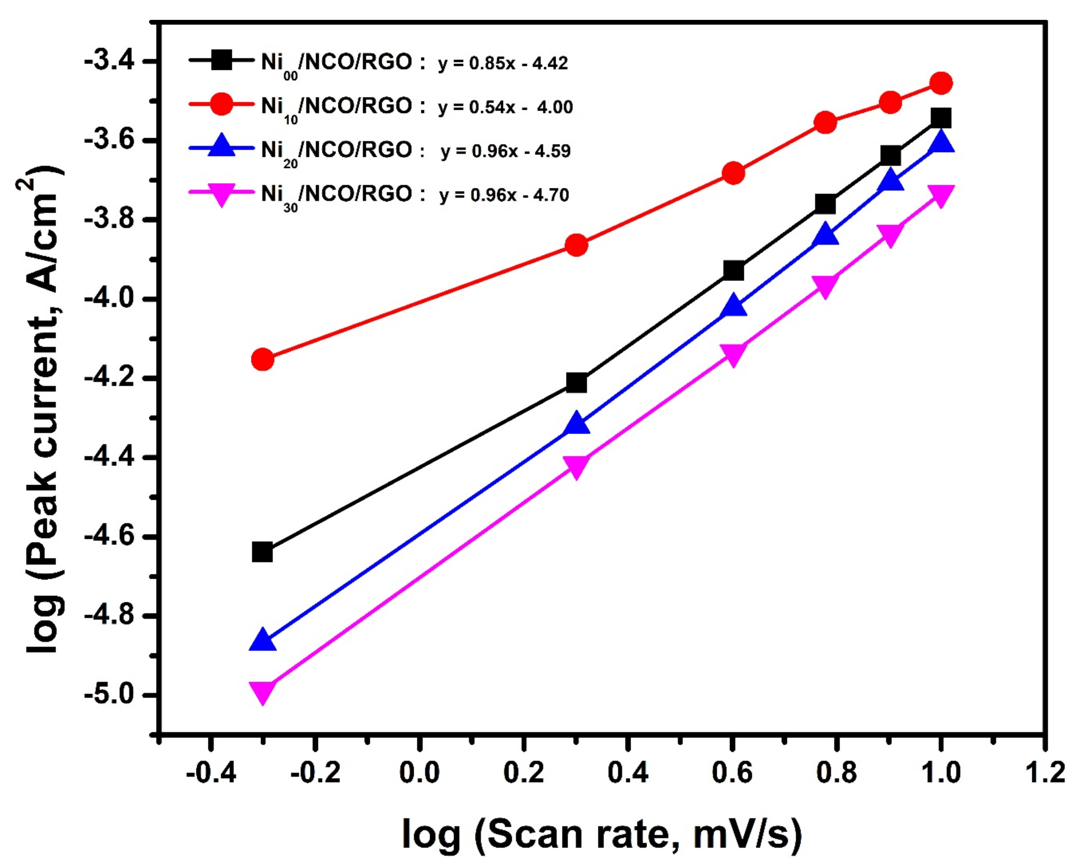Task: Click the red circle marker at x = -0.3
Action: pyautogui.click(x=263, y=359)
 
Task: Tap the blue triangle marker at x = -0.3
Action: pyautogui.click(x=263, y=641)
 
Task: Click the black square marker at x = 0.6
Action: pyautogui.click(x=733, y=271)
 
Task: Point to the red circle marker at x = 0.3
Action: pyautogui.click(x=576, y=245)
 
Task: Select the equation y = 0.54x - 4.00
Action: pyautogui.click(x=505, y=107)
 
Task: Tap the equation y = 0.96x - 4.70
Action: pyautogui.click(x=504, y=195)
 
